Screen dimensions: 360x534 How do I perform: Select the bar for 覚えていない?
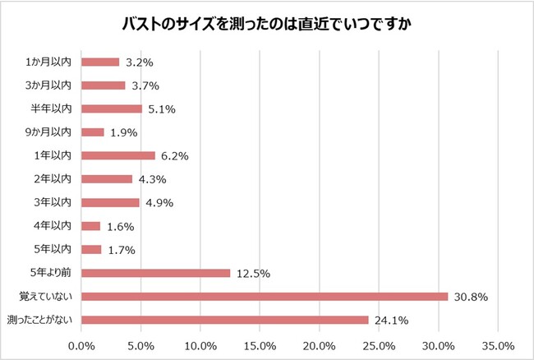click(x=265, y=296)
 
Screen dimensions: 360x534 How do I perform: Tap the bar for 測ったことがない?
click(x=225, y=320)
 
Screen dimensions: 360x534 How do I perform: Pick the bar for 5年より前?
click(x=156, y=273)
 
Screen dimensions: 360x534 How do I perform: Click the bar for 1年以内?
click(x=118, y=155)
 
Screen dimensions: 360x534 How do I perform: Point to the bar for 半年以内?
click(x=112, y=108)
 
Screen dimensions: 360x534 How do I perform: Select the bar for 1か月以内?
click(x=100, y=62)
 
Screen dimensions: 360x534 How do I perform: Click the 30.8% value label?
click(x=471, y=297)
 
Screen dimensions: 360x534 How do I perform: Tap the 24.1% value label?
click(x=391, y=321)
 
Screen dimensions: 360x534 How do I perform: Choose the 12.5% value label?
click(x=253, y=274)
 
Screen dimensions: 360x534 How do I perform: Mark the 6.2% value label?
click(x=177, y=156)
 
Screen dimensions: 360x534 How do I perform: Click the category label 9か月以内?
click(x=48, y=132)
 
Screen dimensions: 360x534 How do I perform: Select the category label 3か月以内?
click(x=48, y=85)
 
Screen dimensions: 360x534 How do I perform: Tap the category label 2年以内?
click(x=54, y=178)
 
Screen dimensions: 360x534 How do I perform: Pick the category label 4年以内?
click(x=54, y=226)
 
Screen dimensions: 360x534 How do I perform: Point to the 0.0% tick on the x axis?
click(x=81, y=345)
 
